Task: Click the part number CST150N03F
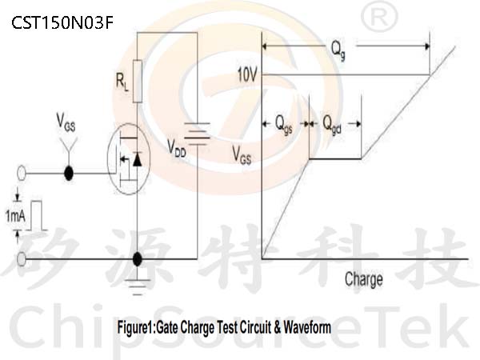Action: pos(62,22)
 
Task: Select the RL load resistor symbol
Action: pos(138,81)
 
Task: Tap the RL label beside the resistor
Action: pos(122,82)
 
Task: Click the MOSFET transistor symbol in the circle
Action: pos(129,158)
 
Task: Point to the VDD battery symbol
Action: pos(198,134)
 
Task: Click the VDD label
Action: pos(177,148)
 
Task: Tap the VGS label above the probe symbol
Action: pos(66,122)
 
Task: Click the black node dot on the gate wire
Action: pos(69,174)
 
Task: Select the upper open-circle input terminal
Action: pos(21,174)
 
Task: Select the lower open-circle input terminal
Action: pos(21,259)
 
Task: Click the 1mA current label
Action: pos(15,216)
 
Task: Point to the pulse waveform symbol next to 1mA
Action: pos(37,215)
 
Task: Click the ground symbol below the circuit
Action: pos(138,287)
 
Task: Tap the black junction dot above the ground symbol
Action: pos(138,259)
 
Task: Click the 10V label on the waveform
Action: pos(247,74)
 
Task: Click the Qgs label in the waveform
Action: pos(284,125)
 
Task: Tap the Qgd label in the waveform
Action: pos(332,125)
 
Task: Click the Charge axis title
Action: pos(364,279)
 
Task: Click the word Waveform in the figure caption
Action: pos(307,327)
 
